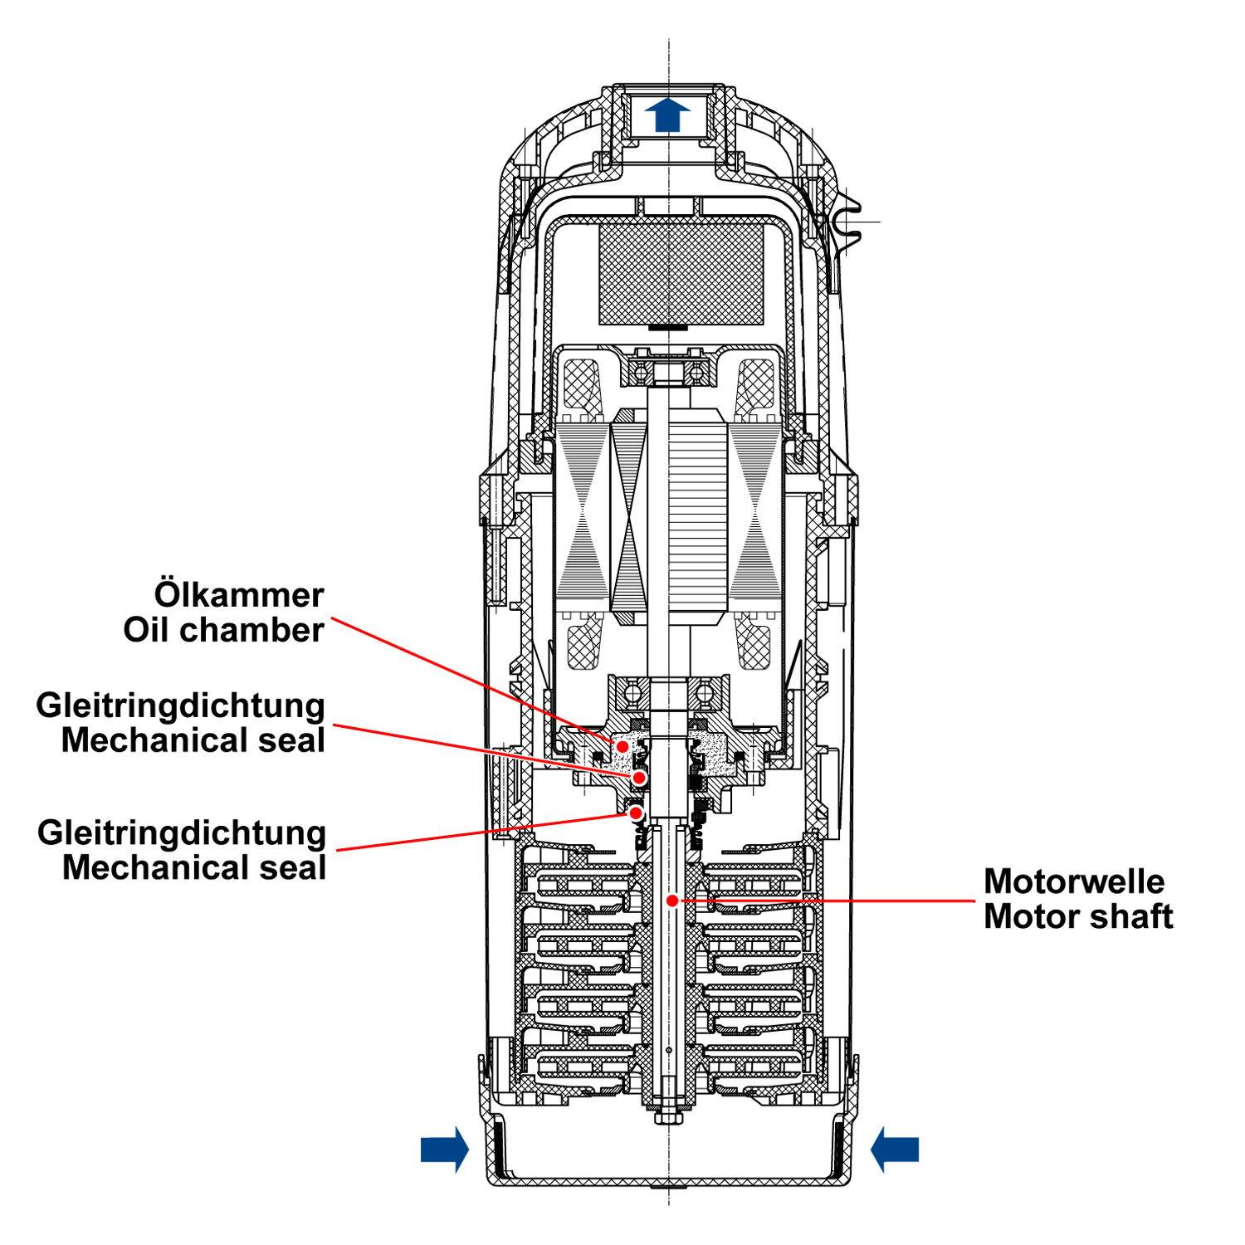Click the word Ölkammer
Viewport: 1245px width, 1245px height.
tap(239, 595)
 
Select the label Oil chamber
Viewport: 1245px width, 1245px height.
tap(223, 630)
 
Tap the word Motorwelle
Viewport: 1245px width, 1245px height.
tap(1074, 881)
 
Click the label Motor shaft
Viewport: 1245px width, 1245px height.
tap(1078, 916)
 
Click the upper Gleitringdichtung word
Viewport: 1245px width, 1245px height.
tap(180, 705)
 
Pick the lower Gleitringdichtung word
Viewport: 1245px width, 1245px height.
tap(181, 832)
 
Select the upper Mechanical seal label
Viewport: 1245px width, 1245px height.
tap(193, 740)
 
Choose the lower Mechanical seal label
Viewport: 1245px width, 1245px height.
tap(193, 868)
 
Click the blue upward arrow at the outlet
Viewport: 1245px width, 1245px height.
tap(667, 115)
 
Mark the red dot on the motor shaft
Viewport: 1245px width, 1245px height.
tap(672, 901)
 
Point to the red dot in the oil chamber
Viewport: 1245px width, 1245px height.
tap(622, 746)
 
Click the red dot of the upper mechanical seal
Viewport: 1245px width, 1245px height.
tap(639, 778)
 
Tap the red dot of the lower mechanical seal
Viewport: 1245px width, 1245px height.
tap(636, 813)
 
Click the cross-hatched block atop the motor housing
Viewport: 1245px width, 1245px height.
tap(681, 274)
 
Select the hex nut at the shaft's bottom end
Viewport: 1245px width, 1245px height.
tap(668, 1117)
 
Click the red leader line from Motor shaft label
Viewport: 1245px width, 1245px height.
tap(830, 901)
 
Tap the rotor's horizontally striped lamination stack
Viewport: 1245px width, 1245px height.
tap(697, 515)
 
